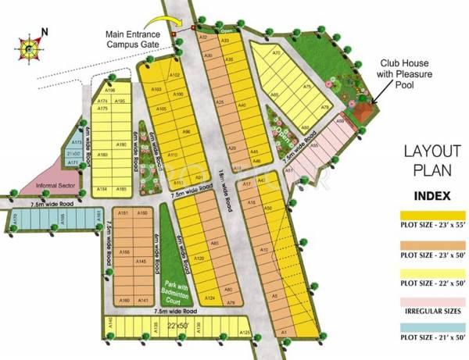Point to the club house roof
coord(363,115)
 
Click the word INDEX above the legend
coord(431,195)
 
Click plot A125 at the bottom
coord(244,333)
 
